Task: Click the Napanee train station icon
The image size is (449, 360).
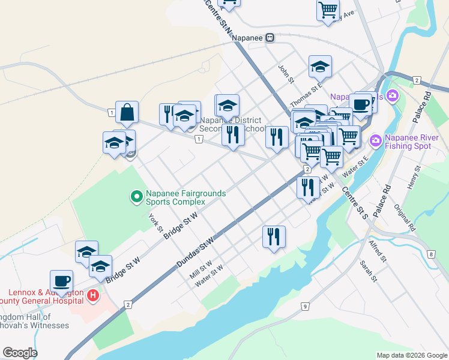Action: (271, 37)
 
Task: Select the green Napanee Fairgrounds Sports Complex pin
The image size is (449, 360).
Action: (136, 196)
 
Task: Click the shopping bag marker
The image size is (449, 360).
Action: (127, 112)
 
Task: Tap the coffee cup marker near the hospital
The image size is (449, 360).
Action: (62, 281)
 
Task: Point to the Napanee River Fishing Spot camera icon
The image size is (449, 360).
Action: (376, 140)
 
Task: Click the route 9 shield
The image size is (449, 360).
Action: (305, 307)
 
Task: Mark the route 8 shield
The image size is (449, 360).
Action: (432, 254)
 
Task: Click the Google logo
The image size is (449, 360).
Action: (20, 353)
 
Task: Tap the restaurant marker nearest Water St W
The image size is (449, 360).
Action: (274, 236)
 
